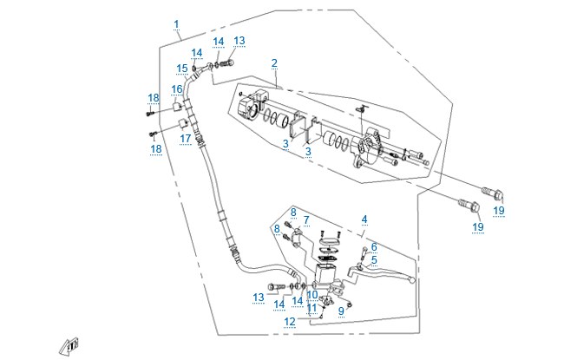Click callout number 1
[176, 24]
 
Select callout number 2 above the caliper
[274, 63]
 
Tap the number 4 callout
[364, 219]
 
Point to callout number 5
[374, 259]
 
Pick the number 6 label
[374, 247]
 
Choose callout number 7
[306, 219]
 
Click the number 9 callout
[341, 311]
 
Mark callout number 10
[312, 295]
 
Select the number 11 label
[312, 308]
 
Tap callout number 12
[290, 322]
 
